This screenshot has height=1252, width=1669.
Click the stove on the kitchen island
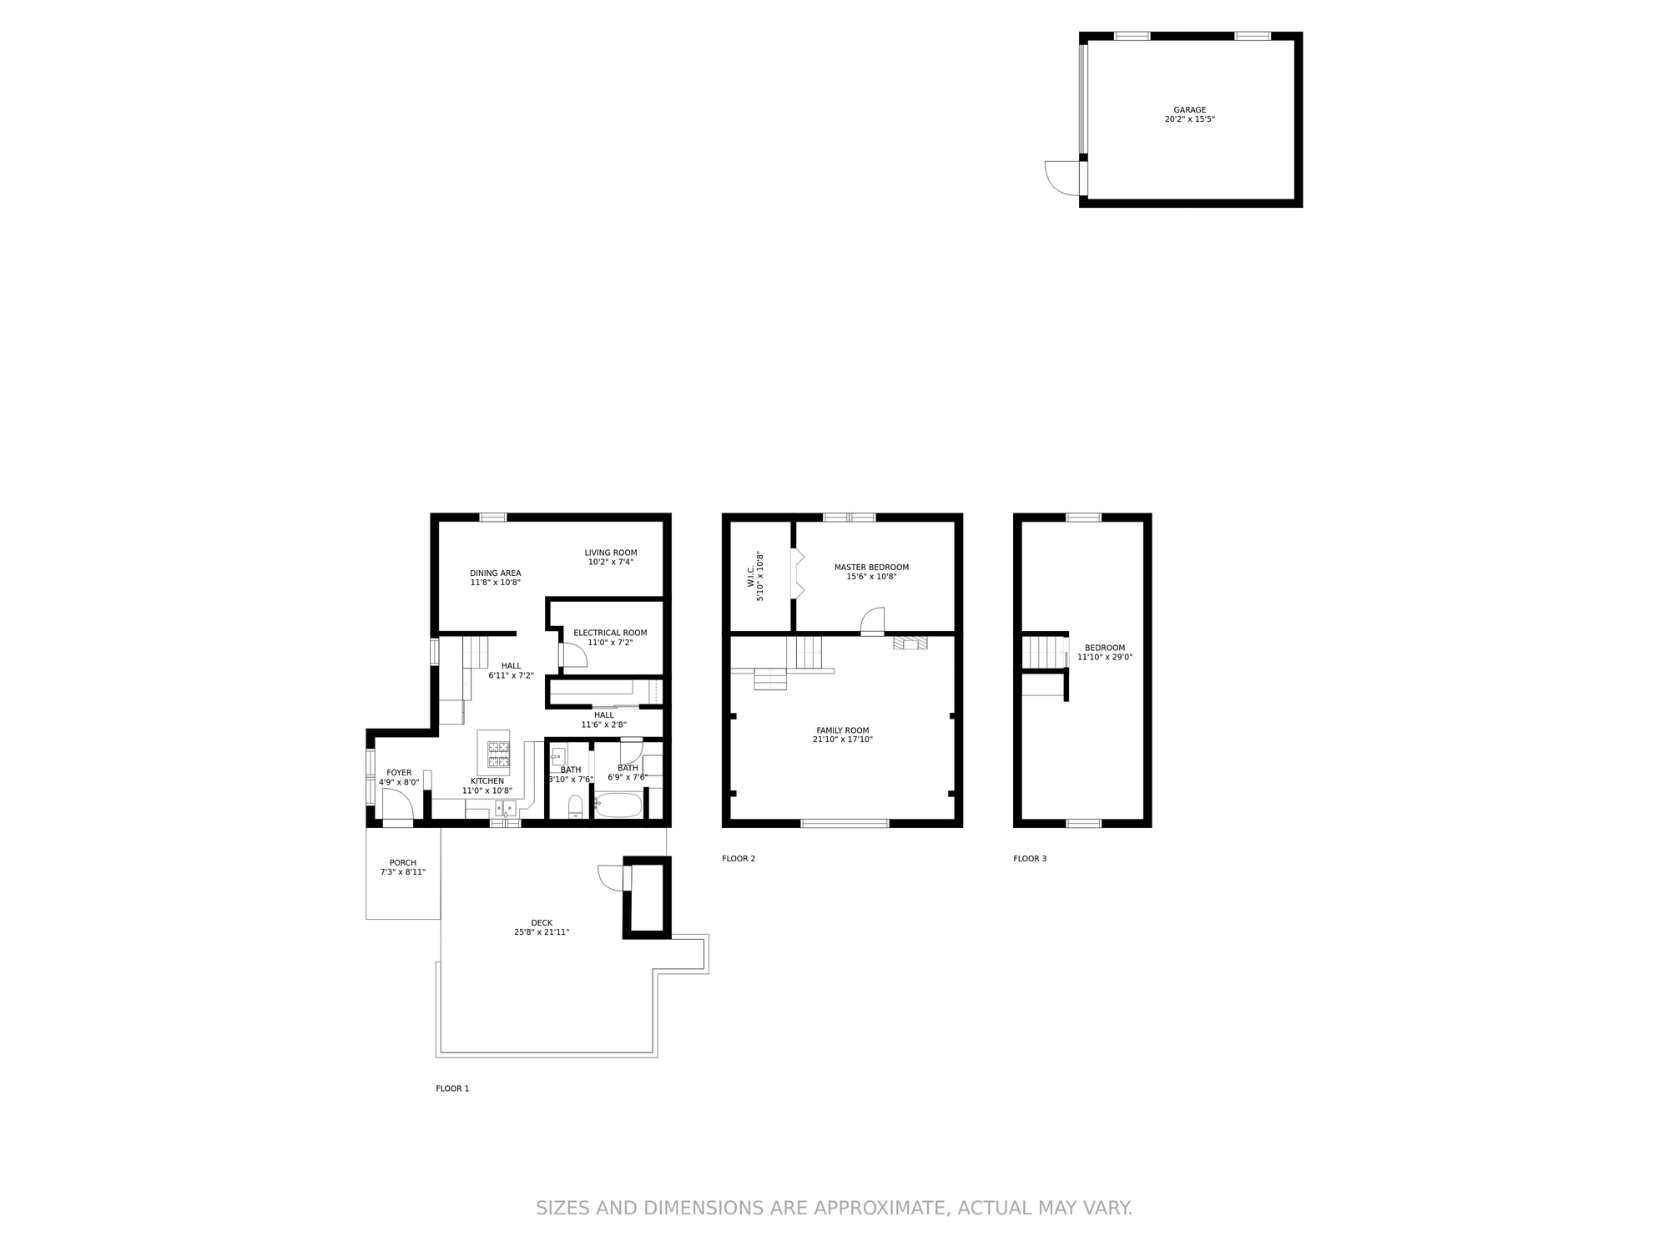(499, 755)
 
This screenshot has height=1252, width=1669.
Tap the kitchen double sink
(505, 808)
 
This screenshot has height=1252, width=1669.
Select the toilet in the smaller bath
(575, 807)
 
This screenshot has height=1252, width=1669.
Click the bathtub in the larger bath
(618, 805)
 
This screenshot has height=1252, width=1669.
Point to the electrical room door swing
(573, 655)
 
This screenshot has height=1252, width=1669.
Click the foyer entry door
(397, 805)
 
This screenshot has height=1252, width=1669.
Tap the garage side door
(1062, 178)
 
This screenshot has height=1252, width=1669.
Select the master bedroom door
(872, 620)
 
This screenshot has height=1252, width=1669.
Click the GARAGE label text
(1190, 110)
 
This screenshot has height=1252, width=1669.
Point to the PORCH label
(403, 863)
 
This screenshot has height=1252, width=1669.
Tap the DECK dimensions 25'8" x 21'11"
(542, 932)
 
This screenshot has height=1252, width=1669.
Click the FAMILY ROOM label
(843, 730)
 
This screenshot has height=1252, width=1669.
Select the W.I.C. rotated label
(750, 576)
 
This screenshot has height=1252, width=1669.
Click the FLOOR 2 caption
(739, 858)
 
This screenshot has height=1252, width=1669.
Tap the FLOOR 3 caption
(1030, 858)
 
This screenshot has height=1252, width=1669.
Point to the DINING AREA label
(496, 573)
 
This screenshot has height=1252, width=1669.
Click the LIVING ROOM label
(611, 553)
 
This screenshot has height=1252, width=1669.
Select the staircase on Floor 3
(1044, 652)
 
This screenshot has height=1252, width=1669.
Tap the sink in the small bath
(558, 757)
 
